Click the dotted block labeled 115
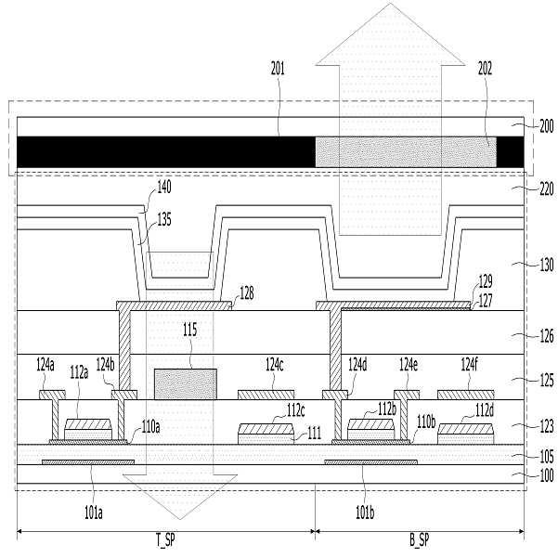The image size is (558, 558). coord(186,383)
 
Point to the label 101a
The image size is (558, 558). coord(93,508)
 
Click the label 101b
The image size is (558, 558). coord(363,508)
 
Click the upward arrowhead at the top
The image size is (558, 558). coord(390,37)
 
